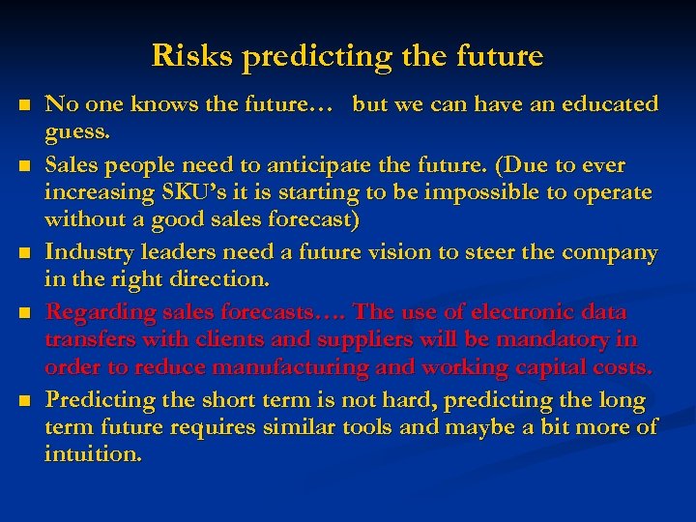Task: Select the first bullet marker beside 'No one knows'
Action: [x=25, y=103]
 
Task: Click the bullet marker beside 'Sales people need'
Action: [x=25, y=166]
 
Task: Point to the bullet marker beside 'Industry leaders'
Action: [x=25, y=254]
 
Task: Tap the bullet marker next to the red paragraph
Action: [x=25, y=312]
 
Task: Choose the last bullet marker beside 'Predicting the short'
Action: [x=25, y=399]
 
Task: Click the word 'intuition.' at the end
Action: [x=92, y=453]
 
